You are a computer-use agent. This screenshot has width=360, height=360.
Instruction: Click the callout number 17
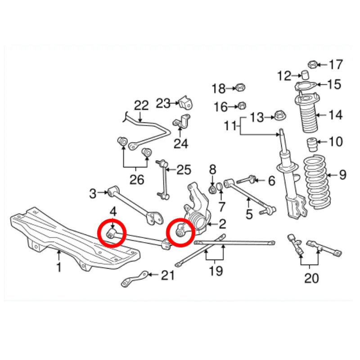pos(336,64)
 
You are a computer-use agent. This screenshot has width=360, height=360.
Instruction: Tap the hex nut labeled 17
pos(312,64)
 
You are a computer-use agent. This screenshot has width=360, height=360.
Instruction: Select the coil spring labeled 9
pos(318,181)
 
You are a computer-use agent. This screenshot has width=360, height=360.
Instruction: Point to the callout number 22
pos(141,106)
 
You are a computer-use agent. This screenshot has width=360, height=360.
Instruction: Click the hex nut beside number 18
pos(240,87)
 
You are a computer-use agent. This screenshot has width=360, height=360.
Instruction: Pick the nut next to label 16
pos(242,106)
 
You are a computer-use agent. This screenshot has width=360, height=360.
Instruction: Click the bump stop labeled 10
pos(312,144)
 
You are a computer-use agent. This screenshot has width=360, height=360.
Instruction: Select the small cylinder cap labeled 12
pos(305,75)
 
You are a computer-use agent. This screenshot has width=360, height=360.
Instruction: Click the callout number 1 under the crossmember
pos(59,267)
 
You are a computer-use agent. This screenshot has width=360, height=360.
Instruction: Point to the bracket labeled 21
pos(135,279)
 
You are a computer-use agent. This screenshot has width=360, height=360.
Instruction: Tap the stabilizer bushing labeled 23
pos(185,103)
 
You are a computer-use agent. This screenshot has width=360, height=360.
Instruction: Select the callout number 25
pos(184,170)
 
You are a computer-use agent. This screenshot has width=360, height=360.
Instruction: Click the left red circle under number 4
pos(112,233)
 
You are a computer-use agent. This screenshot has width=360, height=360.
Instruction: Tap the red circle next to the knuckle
pos(181,232)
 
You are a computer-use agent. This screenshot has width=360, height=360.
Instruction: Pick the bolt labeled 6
pos(246,179)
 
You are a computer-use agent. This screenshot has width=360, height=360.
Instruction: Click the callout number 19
pos(216,271)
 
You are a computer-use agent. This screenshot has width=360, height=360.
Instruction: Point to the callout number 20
pos(311,278)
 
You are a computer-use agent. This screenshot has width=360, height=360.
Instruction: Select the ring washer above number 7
pos(220,186)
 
